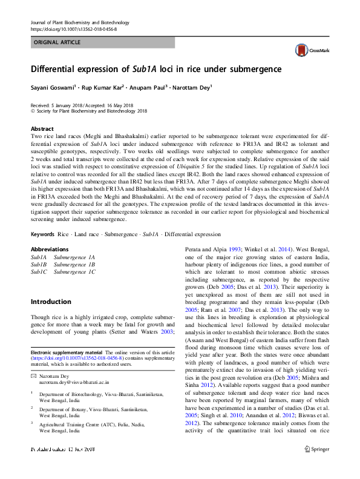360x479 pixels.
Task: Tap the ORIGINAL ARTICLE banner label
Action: pyautogui.click(x=57, y=43)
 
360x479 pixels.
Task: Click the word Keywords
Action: pyautogui.click(x=43, y=232)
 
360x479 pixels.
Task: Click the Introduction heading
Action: pyautogui.click(x=51, y=302)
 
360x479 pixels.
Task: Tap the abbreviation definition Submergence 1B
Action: pyautogui.click(x=74, y=265)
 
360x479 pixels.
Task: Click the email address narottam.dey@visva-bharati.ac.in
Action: pyautogui.click(x=74, y=383)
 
